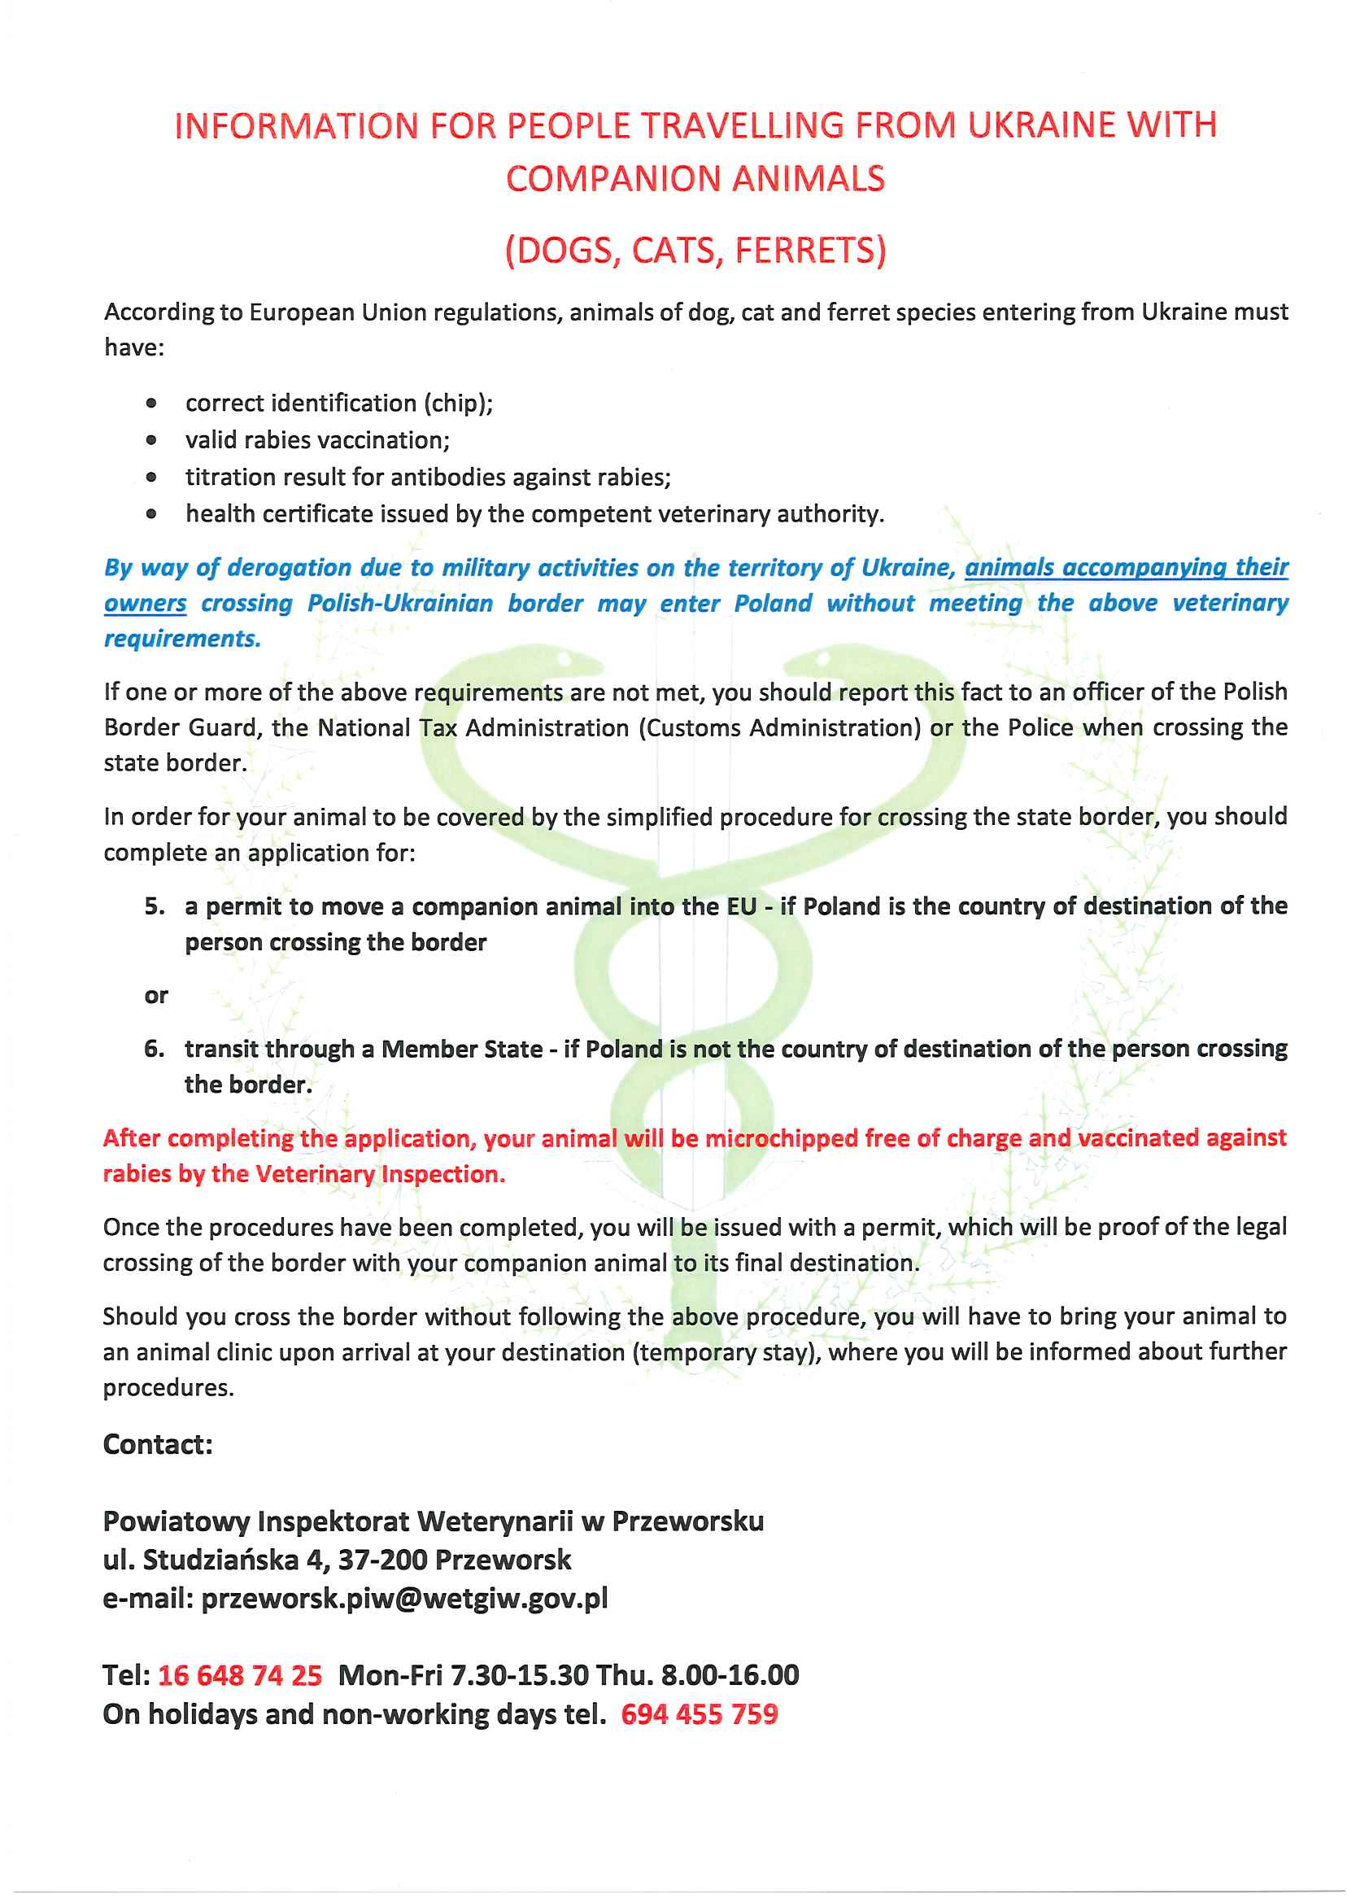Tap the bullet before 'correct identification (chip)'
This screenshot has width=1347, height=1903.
151,404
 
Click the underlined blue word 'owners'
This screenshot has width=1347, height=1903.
145,603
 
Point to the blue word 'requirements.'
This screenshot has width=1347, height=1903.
182,639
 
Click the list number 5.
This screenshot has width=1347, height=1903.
154,906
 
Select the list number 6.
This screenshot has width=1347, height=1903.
154,1049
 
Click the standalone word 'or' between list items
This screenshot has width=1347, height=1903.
156,996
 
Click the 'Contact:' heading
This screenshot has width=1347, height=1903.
158,1444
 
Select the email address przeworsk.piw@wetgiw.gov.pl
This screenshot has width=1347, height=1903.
405,1598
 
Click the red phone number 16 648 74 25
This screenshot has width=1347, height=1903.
240,1675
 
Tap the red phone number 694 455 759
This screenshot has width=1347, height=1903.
700,1714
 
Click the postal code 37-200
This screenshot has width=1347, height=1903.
382,1560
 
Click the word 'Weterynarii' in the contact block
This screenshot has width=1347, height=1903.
495,1521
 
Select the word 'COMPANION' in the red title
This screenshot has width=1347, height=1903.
613,179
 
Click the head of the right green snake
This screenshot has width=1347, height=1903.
817,660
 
